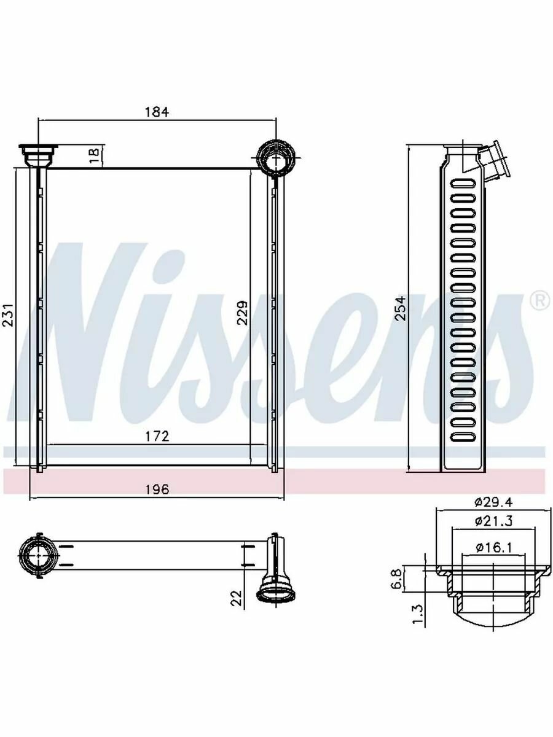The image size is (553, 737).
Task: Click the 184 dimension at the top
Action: pos(157,112)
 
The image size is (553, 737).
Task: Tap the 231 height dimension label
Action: pos(7,315)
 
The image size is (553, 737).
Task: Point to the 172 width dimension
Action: pos(157,436)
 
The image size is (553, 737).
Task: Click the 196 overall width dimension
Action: pos(157,489)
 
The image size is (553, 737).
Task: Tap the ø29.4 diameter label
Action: pos(493,512)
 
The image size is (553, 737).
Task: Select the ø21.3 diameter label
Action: pos(493,530)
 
